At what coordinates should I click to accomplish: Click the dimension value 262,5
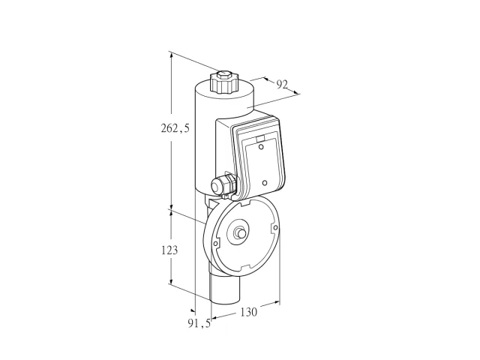click(x=175, y=128)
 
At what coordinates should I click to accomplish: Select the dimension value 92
click(x=282, y=84)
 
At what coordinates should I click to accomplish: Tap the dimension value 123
click(x=169, y=250)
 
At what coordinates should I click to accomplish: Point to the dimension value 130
click(x=248, y=312)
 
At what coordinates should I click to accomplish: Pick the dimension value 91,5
click(x=199, y=323)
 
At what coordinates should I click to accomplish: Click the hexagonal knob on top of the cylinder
click(x=223, y=82)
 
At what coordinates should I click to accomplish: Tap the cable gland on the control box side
click(x=223, y=184)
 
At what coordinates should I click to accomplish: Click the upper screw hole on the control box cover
click(x=261, y=147)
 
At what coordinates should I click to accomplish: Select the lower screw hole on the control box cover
click(x=265, y=183)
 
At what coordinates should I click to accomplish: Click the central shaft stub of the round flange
click(x=240, y=233)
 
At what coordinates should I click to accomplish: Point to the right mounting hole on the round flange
click(x=275, y=227)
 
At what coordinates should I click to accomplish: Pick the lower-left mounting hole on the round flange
click(x=215, y=244)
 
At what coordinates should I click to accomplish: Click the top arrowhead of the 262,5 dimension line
click(x=172, y=55)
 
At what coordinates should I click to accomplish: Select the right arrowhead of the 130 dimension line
click(x=277, y=303)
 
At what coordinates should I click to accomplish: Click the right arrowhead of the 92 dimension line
click(x=294, y=91)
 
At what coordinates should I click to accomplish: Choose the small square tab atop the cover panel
click(x=260, y=139)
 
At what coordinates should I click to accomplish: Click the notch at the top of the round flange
click(x=246, y=202)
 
